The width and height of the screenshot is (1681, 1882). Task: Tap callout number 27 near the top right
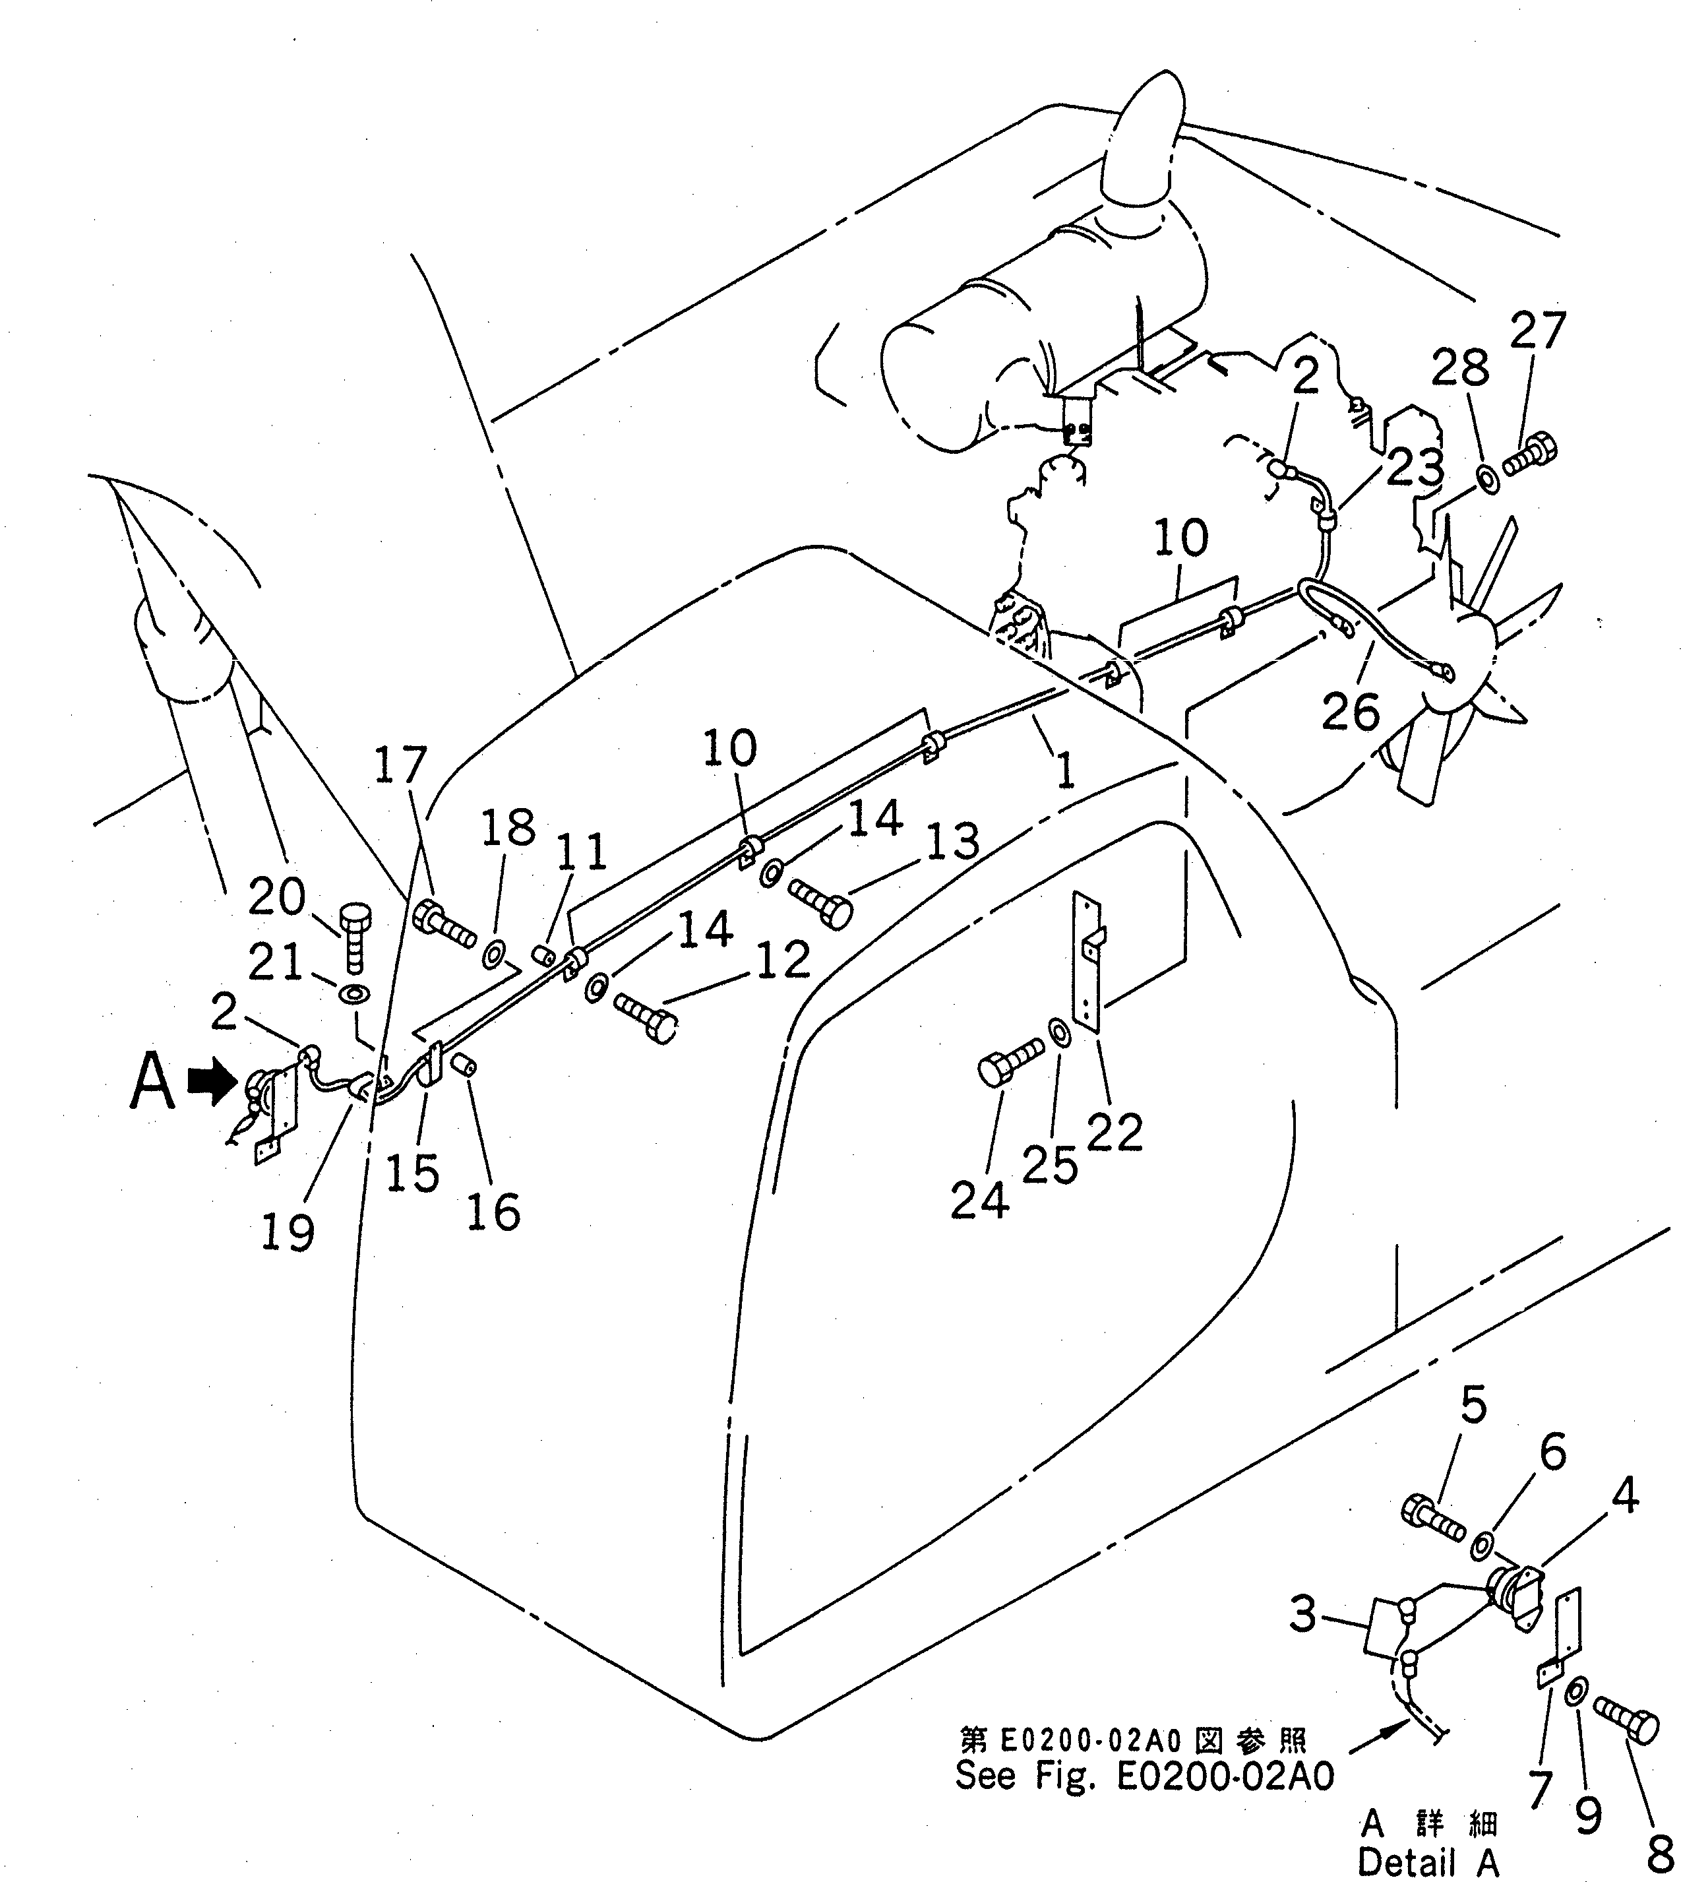(x=1538, y=330)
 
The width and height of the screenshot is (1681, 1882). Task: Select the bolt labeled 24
(x=1010, y=1063)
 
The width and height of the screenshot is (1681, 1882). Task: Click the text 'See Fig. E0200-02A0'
(x=1144, y=1776)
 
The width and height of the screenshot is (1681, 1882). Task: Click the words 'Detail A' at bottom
(x=1427, y=1861)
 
